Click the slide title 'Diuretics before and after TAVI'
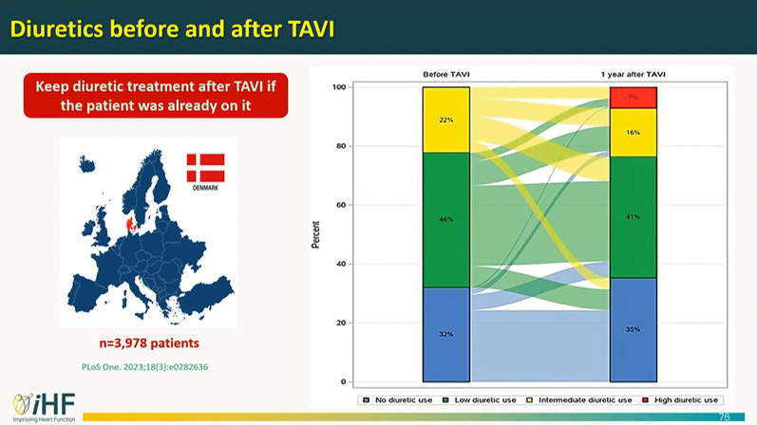(171, 29)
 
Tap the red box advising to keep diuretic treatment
(156, 95)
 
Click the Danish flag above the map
(205, 168)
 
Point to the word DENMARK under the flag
(205, 188)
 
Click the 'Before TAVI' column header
(445, 75)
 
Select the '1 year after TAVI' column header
(632, 75)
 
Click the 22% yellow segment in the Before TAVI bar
(446, 120)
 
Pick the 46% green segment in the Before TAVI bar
(446, 219)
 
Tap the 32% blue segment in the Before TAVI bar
(446, 334)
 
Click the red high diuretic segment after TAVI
(633, 98)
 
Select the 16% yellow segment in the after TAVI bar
(633, 133)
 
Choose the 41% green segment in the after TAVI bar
(633, 216)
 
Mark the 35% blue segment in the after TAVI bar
(633, 329)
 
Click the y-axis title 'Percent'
(315, 234)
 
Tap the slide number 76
(725, 416)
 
